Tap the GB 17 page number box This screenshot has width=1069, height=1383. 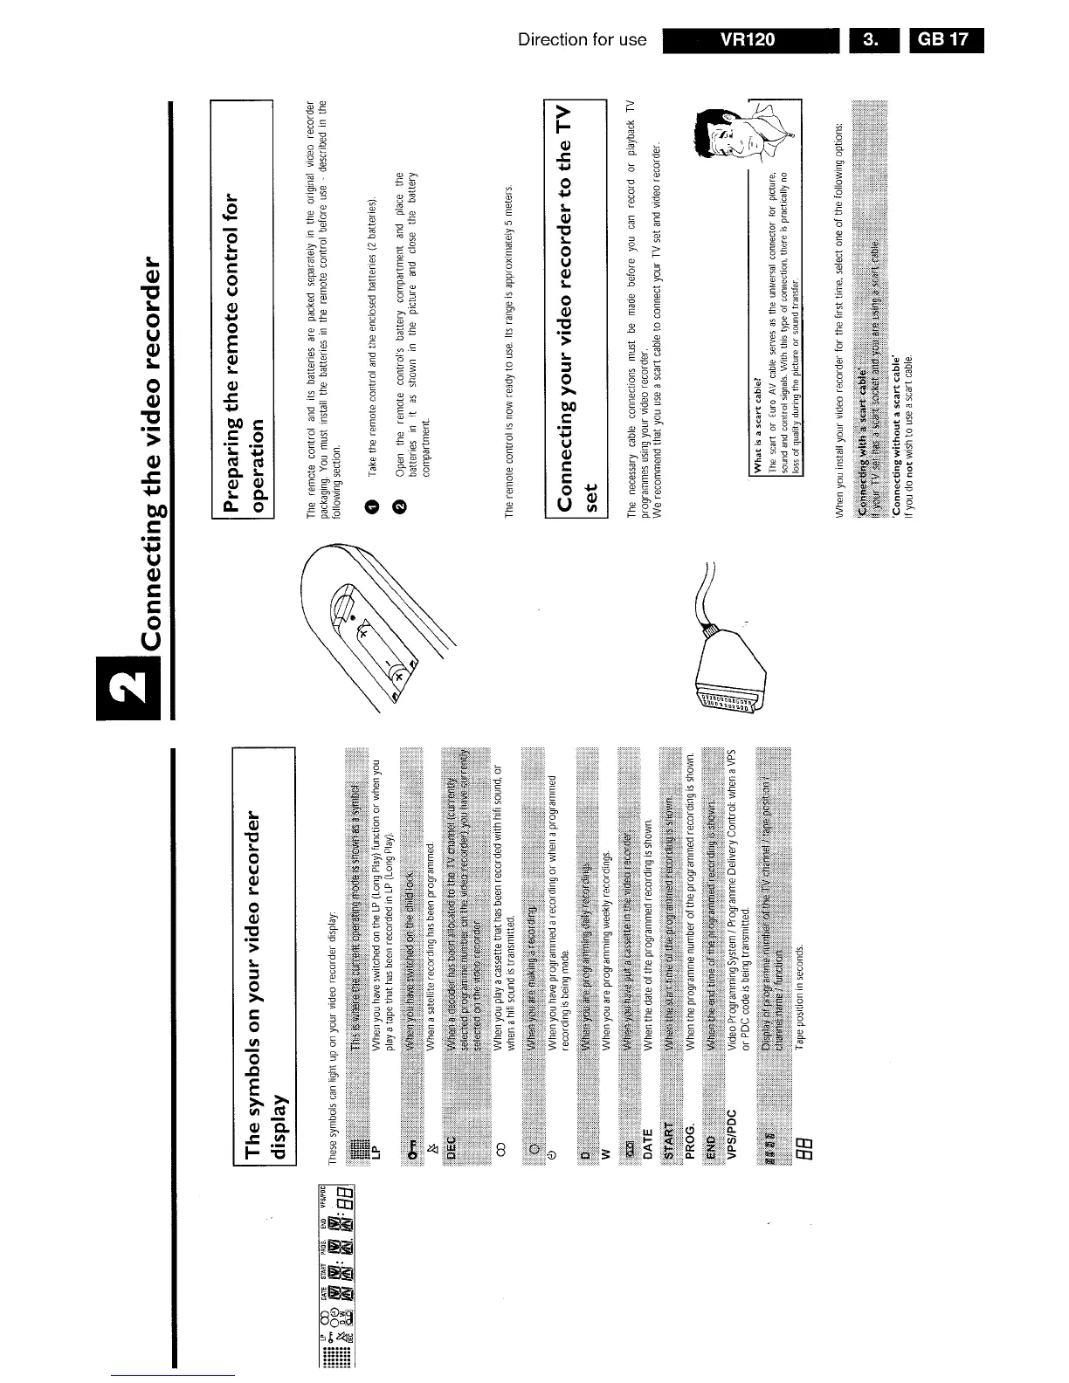(x=946, y=40)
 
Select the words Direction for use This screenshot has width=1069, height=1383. (x=582, y=40)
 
